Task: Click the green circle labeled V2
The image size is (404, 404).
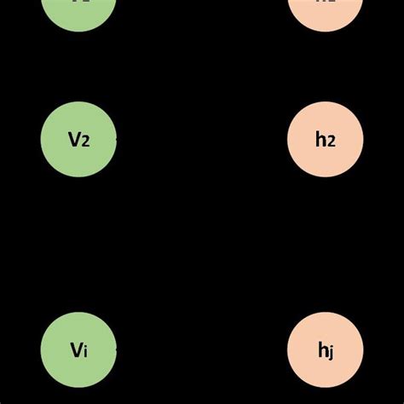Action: pyautogui.click(x=78, y=140)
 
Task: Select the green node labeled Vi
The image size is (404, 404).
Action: pyautogui.click(x=78, y=349)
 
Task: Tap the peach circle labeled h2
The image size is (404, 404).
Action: pyautogui.click(x=326, y=140)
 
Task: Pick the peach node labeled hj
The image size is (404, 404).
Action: pyautogui.click(x=326, y=349)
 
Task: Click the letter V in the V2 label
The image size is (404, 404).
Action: pyautogui.click(x=74, y=140)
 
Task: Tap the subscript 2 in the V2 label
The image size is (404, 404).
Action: pyautogui.click(x=84, y=141)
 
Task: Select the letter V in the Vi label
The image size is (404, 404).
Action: pyautogui.click(x=75, y=349)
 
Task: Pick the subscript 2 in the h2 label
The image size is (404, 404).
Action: pyautogui.click(x=331, y=141)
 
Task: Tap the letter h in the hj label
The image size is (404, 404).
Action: pyautogui.click(x=322, y=349)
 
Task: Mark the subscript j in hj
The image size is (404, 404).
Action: pyautogui.click(x=331, y=351)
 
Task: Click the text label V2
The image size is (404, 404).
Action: pyautogui.click(x=79, y=140)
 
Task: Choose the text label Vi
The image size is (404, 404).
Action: pyautogui.click(x=78, y=349)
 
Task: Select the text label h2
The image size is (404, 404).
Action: pyautogui.click(x=326, y=140)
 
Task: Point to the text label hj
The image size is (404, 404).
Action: pyautogui.click(x=326, y=349)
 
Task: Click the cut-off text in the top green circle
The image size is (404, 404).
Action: pyautogui.click(x=78, y=3)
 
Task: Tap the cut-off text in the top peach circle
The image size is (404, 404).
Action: pyautogui.click(x=326, y=3)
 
